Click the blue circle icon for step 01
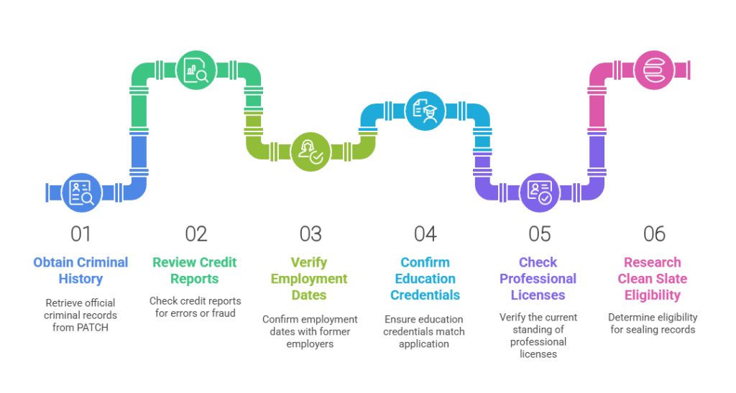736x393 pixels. click(x=81, y=192)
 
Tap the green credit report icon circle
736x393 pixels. click(x=195, y=70)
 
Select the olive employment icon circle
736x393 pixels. click(x=310, y=152)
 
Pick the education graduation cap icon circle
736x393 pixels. click(x=425, y=111)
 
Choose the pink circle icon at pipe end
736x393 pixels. click(x=653, y=70)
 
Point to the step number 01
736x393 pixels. click(x=81, y=234)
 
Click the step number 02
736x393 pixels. click(x=195, y=234)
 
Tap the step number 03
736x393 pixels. click(x=310, y=234)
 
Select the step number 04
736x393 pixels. click(x=425, y=234)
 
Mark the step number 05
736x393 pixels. click(x=539, y=234)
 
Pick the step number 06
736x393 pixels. click(x=654, y=234)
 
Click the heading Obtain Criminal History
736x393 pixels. click(x=81, y=271)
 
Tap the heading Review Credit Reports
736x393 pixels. click(x=195, y=271)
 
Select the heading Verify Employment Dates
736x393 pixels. click(x=310, y=279)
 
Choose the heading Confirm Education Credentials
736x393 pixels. click(x=425, y=279)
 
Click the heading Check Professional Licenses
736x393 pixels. click(x=539, y=279)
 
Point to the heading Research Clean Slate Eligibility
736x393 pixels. click(x=654, y=279)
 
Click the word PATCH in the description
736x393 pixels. click(x=95, y=327)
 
